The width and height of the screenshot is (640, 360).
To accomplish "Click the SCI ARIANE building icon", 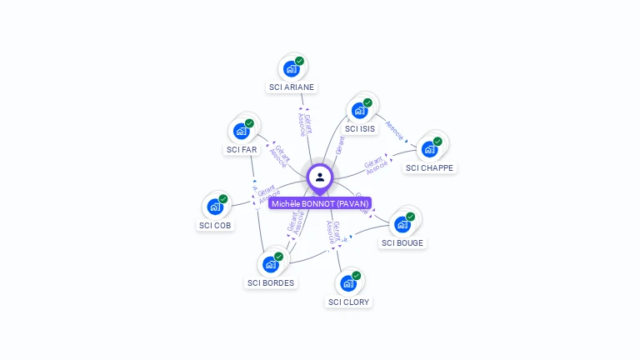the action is point(291,69).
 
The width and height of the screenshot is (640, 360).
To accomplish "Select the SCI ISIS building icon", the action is point(359,111).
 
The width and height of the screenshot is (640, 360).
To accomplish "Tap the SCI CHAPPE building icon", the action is point(429,150).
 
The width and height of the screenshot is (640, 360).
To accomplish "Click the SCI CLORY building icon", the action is point(348,284).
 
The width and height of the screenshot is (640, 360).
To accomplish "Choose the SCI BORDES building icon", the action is point(270,265).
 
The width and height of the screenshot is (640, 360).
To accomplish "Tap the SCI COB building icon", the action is point(215,207).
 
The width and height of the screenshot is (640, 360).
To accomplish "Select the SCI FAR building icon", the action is point(241,132).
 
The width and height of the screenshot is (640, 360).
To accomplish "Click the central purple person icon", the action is point(320,177).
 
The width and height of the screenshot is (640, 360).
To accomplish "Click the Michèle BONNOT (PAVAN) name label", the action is point(320,203).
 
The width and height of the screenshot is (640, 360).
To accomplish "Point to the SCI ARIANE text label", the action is point(292,87).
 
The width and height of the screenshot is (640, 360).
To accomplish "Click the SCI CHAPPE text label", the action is point(430,167).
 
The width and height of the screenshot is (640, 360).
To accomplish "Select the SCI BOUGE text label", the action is point(402,242).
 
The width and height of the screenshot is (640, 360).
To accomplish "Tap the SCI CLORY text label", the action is point(349,302).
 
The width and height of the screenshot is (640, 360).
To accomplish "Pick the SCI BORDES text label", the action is point(271,282).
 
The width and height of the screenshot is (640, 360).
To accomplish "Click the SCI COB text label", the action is point(216,225).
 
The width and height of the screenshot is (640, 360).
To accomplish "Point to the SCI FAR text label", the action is point(242,149).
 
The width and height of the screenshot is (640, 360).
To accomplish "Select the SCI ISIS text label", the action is point(360,128).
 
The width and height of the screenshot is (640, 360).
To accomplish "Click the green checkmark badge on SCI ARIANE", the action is point(299,61).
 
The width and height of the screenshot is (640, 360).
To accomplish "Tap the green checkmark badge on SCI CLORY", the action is point(357,276).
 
